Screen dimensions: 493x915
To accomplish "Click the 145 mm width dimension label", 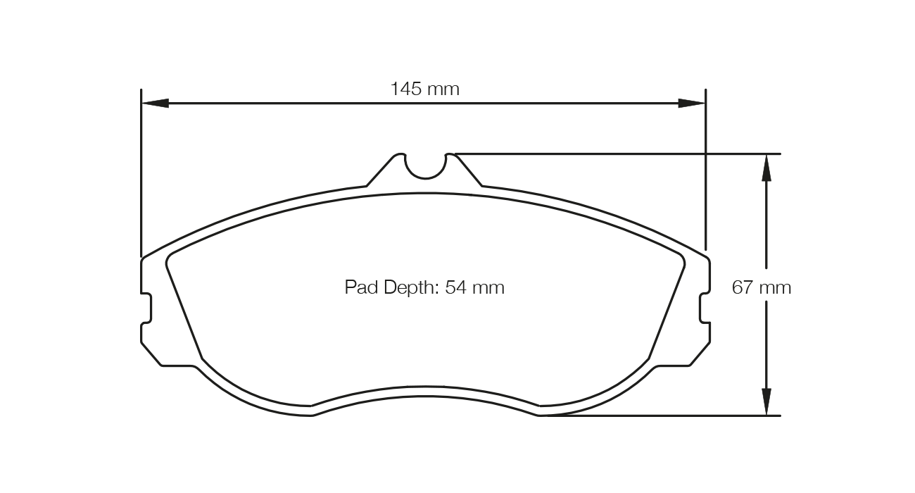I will [x=424, y=89].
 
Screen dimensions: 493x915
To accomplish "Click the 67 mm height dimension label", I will [x=762, y=287].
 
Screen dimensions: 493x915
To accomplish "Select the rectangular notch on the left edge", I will [x=147, y=308].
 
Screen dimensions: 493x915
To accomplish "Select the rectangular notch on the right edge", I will [x=705, y=308].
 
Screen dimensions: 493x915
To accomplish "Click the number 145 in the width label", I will [x=405, y=89].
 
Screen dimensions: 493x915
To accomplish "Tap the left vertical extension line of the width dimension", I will [x=141, y=176].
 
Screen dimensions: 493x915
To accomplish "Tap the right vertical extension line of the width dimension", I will [x=705, y=176].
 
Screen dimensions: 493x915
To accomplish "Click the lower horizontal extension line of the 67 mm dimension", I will [x=662, y=416].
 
